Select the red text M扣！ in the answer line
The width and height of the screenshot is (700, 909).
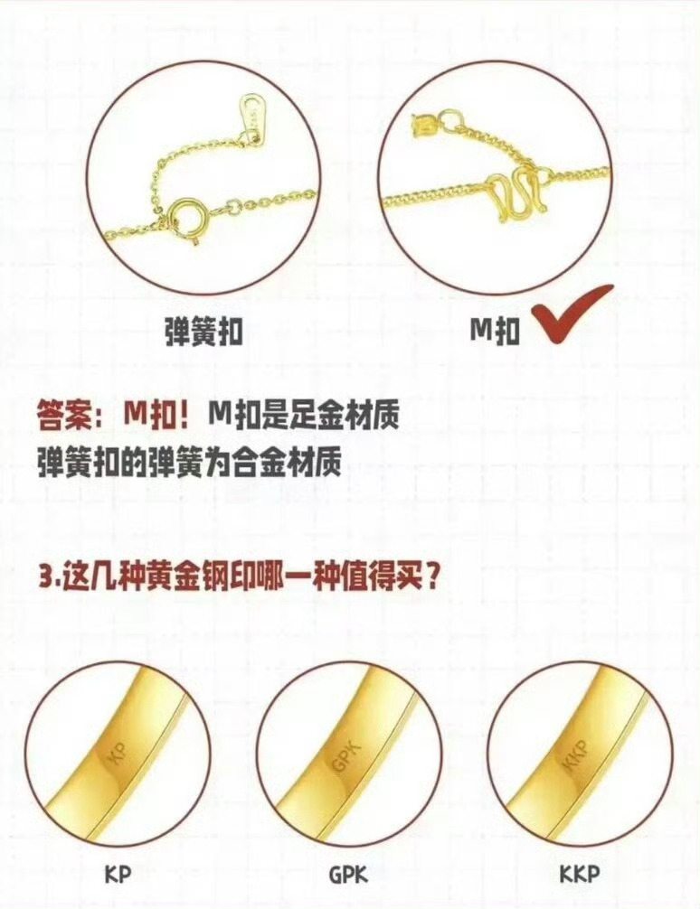click(156, 417)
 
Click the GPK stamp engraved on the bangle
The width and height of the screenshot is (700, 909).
click(346, 754)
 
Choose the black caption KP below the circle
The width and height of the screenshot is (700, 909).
click(118, 874)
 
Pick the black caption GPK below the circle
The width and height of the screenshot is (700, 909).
click(348, 874)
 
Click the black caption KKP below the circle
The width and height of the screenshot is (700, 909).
click(580, 874)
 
